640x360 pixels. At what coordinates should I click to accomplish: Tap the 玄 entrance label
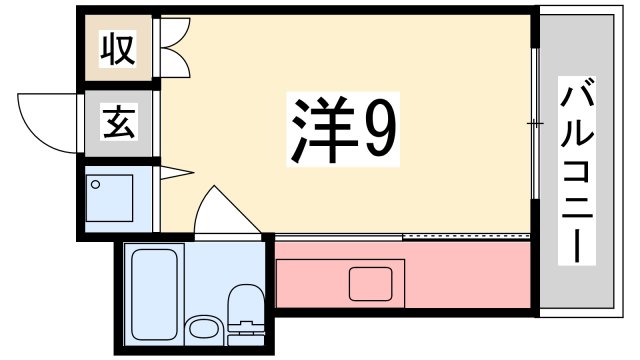(117, 125)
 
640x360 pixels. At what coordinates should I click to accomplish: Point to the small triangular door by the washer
(172, 173)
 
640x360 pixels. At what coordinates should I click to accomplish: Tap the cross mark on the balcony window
(535, 124)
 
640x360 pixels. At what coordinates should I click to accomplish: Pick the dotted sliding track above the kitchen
(465, 236)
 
